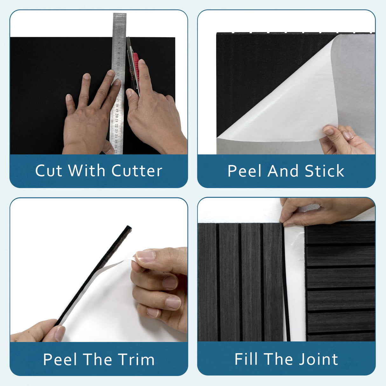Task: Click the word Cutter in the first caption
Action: pyautogui.click(x=137, y=171)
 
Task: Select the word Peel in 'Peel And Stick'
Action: pyautogui.click(x=244, y=171)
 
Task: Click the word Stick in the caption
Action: pyautogui.click(x=325, y=171)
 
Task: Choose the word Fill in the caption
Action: pyautogui.click(x=246, y=359)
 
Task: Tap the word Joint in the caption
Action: pyautogui.click(x=318, y=359)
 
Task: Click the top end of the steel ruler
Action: pyautogui.click(x=120, y=14)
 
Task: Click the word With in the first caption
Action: pyautogui.click(x=86, y=171)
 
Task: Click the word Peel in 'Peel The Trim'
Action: pyautogui.click(x=60, y=359)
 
